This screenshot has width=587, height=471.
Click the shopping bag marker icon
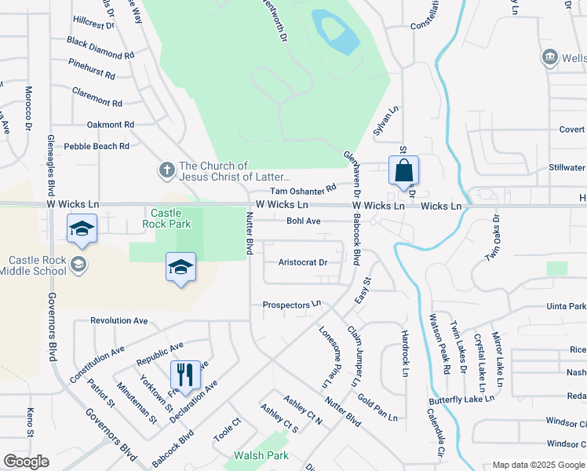tap(403, 170)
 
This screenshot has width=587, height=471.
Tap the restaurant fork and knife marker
tap(185, 374)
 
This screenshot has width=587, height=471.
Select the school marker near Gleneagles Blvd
tap(81, 228)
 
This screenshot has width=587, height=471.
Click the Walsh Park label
tap(261, 455)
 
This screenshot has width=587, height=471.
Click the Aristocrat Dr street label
tap(303, 262)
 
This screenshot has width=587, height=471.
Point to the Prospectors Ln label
tap(292, 304)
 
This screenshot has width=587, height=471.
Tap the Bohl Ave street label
tap(303, 221)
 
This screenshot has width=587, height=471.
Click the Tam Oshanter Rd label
tap(303, 190)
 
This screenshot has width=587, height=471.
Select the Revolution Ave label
tap(119, 320)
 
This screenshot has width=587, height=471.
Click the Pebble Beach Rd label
tap(97, 146)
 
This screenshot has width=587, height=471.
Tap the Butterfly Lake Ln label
tap(461, 399)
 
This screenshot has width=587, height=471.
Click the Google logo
tap(26, 462)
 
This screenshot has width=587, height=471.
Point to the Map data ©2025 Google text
tap(538, 465)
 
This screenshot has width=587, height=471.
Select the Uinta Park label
tap(567, 305)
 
